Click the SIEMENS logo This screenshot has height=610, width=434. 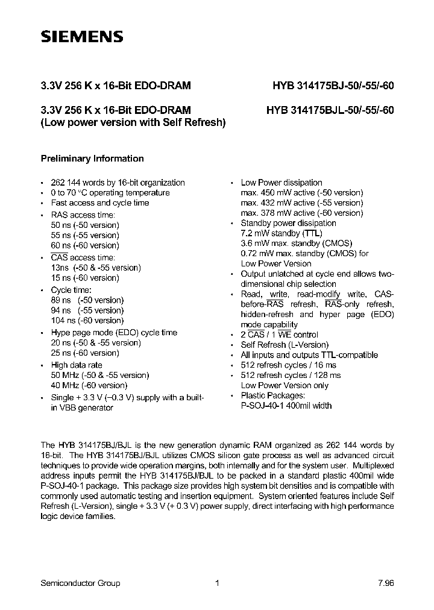click(x=82, y=37)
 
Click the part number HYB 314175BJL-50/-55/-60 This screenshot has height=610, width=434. click(x=330, y=110)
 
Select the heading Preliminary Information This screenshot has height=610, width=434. click(x=92, y=159)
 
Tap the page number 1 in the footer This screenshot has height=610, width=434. click(x=217, y=583)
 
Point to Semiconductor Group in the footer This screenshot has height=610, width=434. click(x=80, y=583)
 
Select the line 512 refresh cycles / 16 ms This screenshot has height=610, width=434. click(x=289, y=365)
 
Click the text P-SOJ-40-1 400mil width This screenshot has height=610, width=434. click(x=286, y=406)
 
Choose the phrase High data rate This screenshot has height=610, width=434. click(x=77, y=365)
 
